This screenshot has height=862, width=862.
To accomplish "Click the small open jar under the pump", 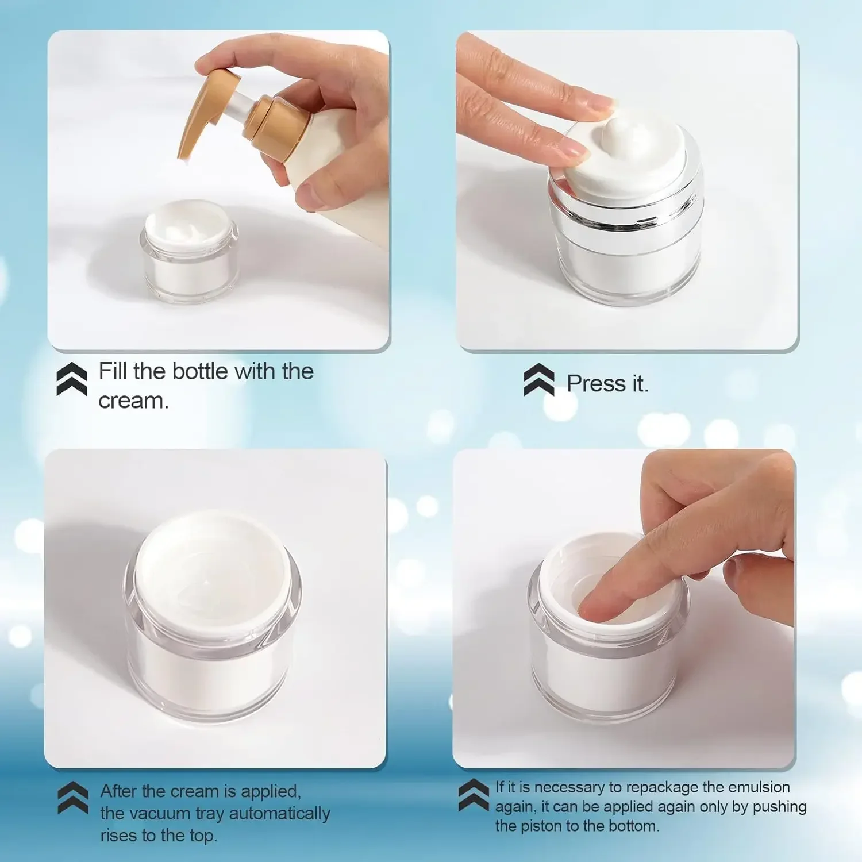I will click(190, 253).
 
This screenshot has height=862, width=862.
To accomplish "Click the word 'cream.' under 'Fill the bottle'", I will click(133, 401).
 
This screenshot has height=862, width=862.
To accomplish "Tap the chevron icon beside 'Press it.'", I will click(539, 380).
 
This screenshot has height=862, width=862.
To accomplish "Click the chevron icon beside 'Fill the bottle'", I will click(72, 379).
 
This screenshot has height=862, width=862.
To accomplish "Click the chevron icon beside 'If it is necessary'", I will click(474, 795).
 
